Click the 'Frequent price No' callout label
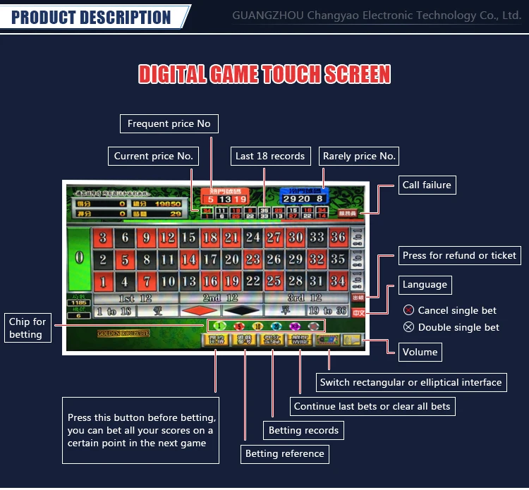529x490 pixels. (169, 124)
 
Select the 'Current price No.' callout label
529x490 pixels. (153, 157)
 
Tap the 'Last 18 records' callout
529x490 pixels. (270, 157)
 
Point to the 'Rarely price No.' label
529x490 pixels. (359, 157)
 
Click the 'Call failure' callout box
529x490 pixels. (425, 185)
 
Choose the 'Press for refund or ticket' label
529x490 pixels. (459, 255)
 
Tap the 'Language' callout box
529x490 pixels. (425, 285)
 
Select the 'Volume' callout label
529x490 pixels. (420, 352)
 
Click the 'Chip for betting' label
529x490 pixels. (27, 328)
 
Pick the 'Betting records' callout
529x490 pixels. (303, 430)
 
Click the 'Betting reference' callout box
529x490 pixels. (284, 453)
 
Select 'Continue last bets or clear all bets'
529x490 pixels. (372, 406)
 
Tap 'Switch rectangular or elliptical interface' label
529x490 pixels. (411, 382)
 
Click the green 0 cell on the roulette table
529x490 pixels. (79, 258)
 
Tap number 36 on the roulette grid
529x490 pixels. (338, 238)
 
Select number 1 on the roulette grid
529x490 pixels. (103, 281)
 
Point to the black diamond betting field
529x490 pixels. (241, 310)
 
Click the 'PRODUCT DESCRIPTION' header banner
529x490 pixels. (92, 17)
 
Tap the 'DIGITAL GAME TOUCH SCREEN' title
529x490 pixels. (264, 75)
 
